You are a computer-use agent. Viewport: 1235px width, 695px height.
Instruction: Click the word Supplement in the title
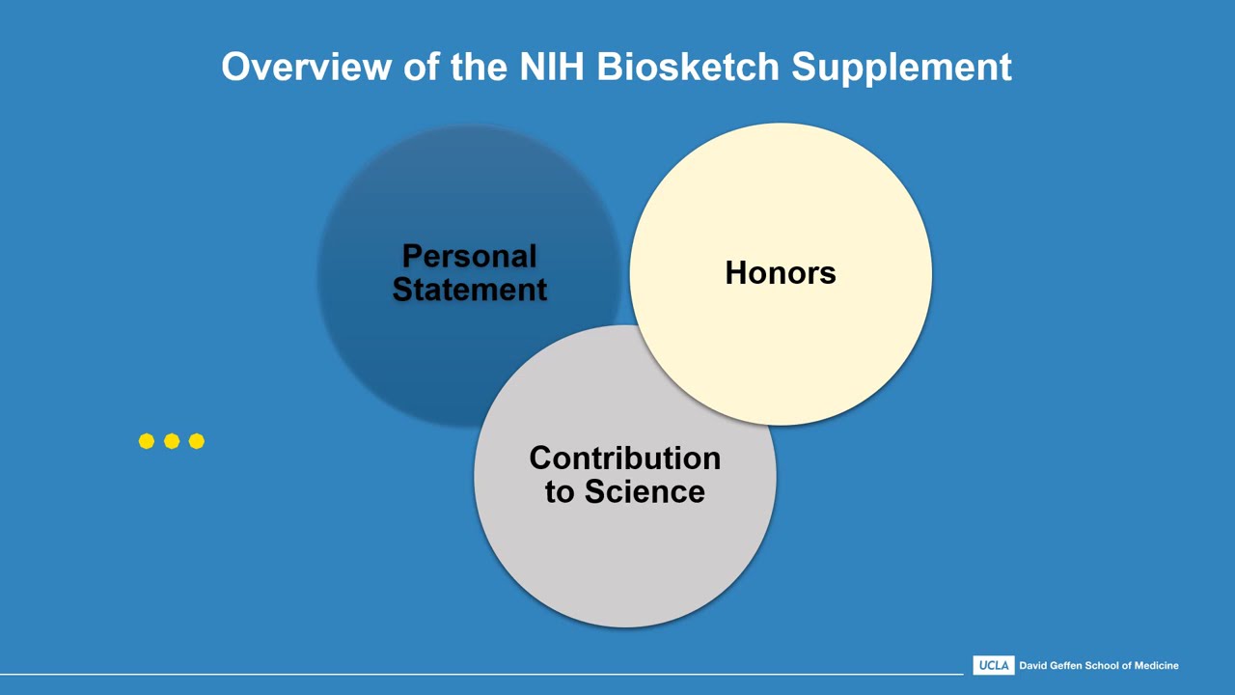(x=902, y=67)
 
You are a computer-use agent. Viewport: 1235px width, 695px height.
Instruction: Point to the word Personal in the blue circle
(x=469, y=257)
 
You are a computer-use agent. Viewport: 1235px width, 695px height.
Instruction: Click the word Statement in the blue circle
(x=469, y=290)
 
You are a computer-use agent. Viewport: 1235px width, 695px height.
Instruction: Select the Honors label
(x=780, y=273)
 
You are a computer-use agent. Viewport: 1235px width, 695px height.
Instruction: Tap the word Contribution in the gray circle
(x=624, y=458)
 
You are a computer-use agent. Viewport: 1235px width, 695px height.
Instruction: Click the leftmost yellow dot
(x=147, y=441)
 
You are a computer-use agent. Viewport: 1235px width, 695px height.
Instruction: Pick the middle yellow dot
(x=172, y=441)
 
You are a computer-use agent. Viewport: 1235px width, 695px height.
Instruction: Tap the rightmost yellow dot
(x=197, y=441)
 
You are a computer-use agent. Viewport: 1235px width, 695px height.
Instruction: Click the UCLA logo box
(x=993, y=665)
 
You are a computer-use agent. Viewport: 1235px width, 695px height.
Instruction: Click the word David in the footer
(x=1034, y=665)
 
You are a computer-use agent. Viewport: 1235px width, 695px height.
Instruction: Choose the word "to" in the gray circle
(x=561, y=491)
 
